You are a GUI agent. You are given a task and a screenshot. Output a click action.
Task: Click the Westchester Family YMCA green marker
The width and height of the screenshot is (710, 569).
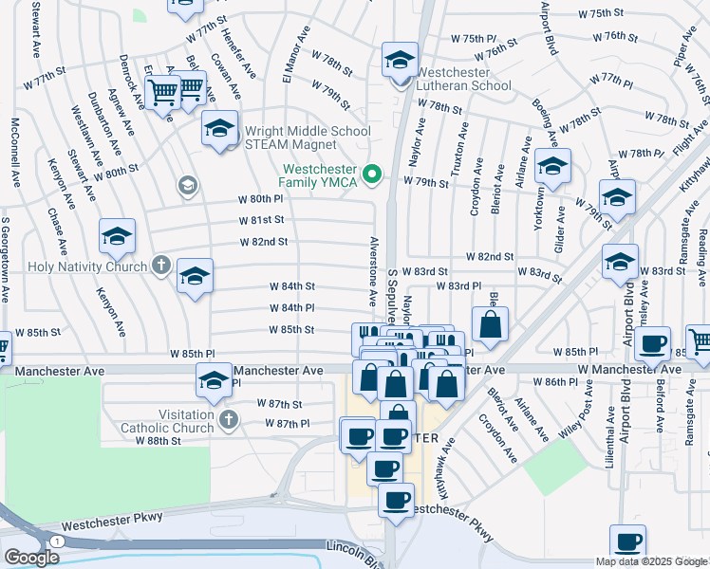click(x=372, y=173)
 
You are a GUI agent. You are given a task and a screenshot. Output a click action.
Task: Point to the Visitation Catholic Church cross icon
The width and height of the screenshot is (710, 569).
click(x=227, y=418)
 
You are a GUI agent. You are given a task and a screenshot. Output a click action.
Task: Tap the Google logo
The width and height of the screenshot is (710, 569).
click(x=32, y=557)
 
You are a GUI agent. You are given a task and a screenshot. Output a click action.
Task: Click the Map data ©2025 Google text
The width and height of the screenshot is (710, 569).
click(x=651, y=561)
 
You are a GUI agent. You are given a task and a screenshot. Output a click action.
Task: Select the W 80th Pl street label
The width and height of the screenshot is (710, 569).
click(x=261, y=199)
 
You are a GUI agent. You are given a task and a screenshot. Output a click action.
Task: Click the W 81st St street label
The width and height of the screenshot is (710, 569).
click(x=261, y=220)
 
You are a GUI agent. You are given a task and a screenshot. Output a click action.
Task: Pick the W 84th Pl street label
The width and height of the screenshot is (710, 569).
click(x=291, y=307)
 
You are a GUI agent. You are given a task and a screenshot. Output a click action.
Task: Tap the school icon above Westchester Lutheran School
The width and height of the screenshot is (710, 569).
click(x=400, y=59)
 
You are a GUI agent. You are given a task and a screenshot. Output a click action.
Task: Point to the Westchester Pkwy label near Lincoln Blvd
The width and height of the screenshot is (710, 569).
click(x=113, y=521)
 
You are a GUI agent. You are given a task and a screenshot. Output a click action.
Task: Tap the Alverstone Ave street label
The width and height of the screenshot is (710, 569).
click(x=374, y=270)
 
